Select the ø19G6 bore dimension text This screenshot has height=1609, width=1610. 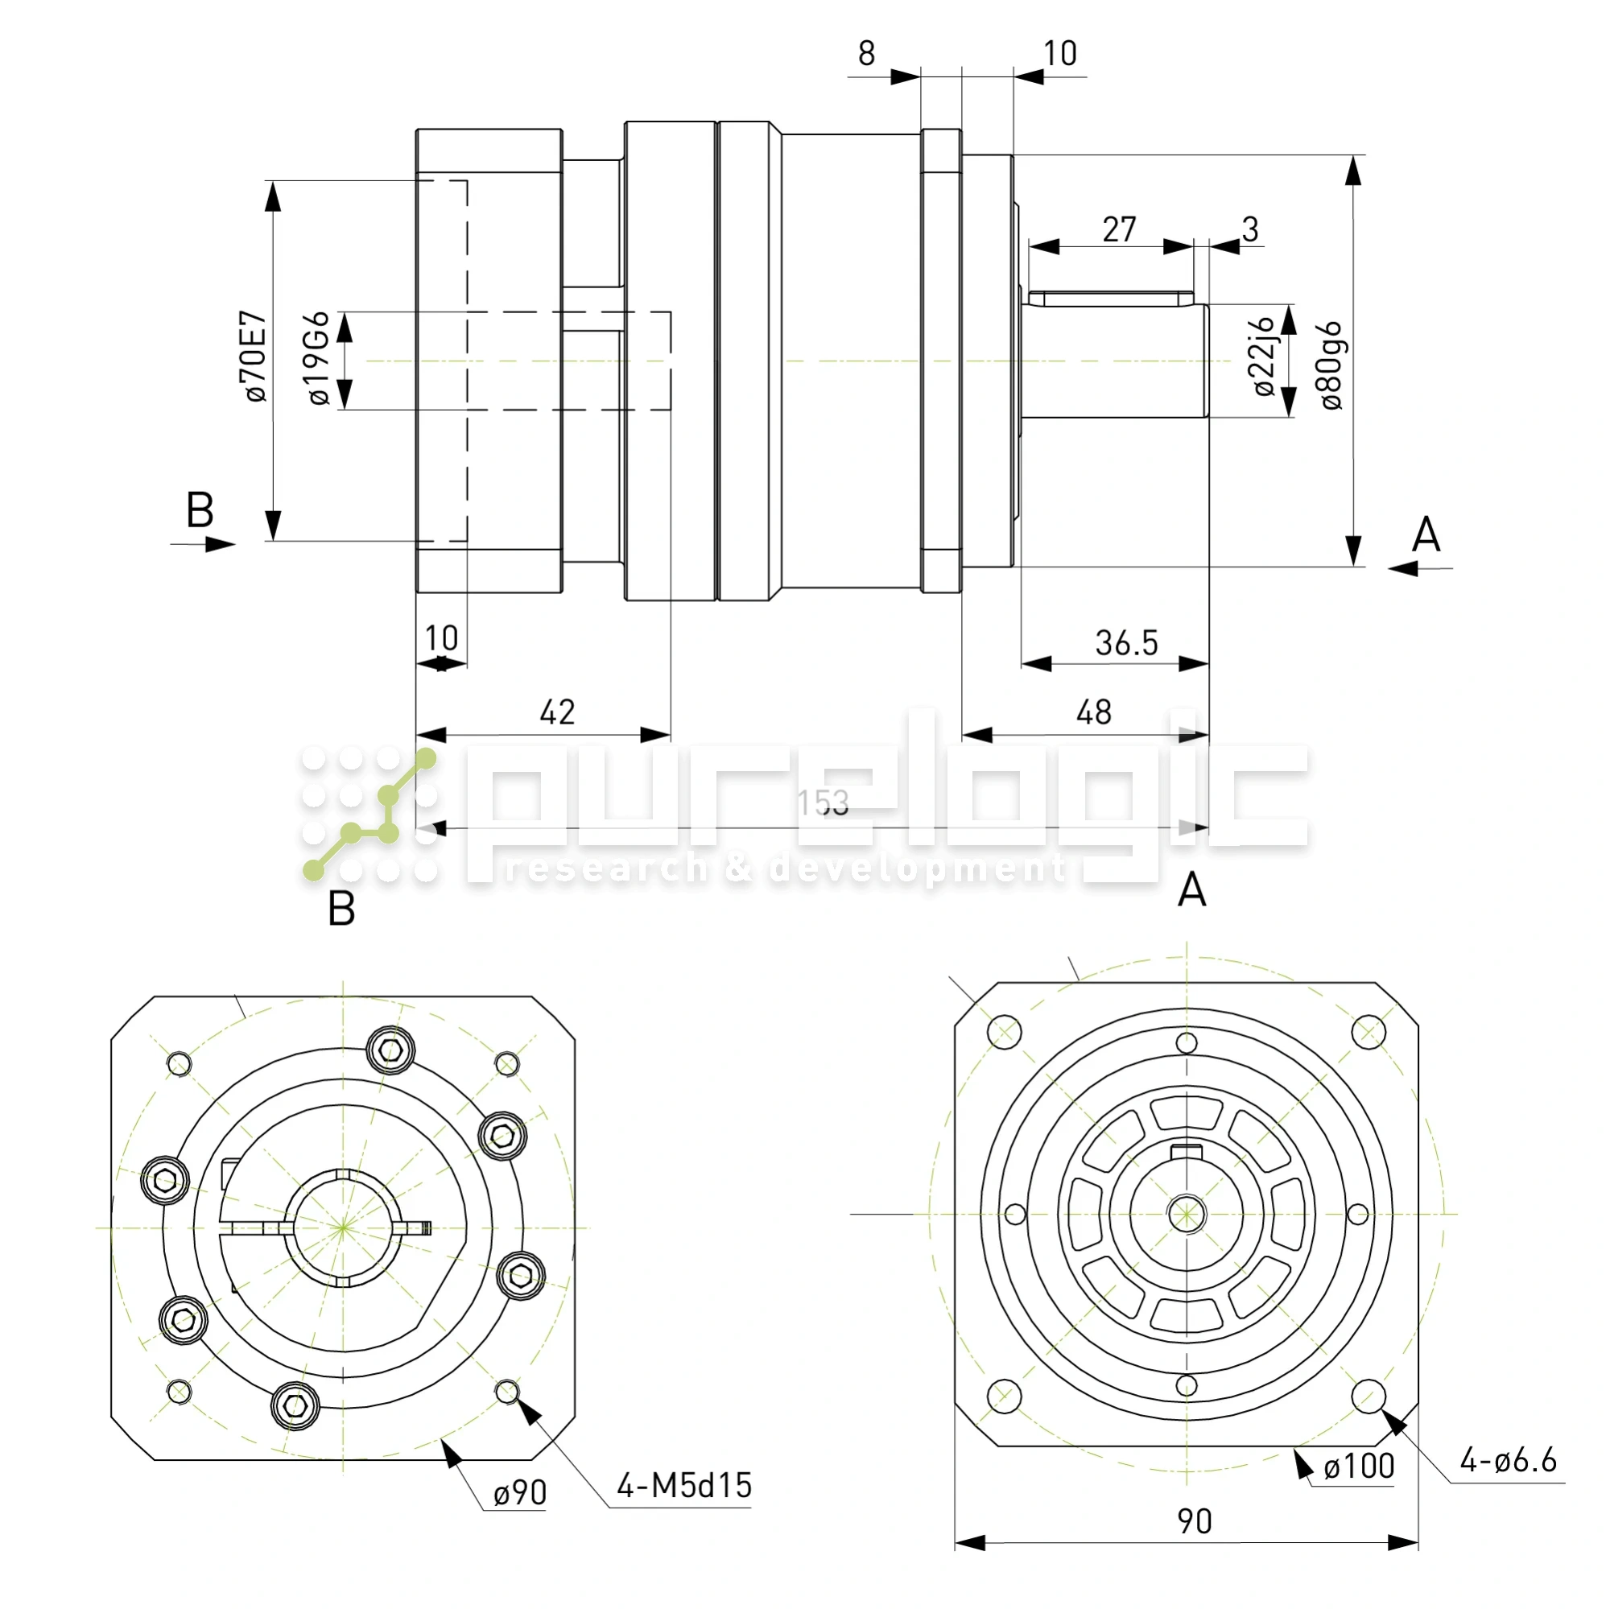point(319,359)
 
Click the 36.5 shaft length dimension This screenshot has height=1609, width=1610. point(1126,643)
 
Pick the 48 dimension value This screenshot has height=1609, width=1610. point(1093,713)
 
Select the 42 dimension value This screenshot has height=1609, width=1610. point(557,713)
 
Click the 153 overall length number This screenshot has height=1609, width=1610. point(823,803)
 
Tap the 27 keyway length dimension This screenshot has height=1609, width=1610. point(1119,230)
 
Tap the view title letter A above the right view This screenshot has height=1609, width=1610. point(1191,890)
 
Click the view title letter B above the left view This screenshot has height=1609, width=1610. point(341,908)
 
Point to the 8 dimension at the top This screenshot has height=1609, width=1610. point(867,54)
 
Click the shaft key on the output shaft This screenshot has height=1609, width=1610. point(1111,299)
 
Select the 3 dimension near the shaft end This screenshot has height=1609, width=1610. point(1250,229)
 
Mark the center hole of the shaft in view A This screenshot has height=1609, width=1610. point(1186,1214)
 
